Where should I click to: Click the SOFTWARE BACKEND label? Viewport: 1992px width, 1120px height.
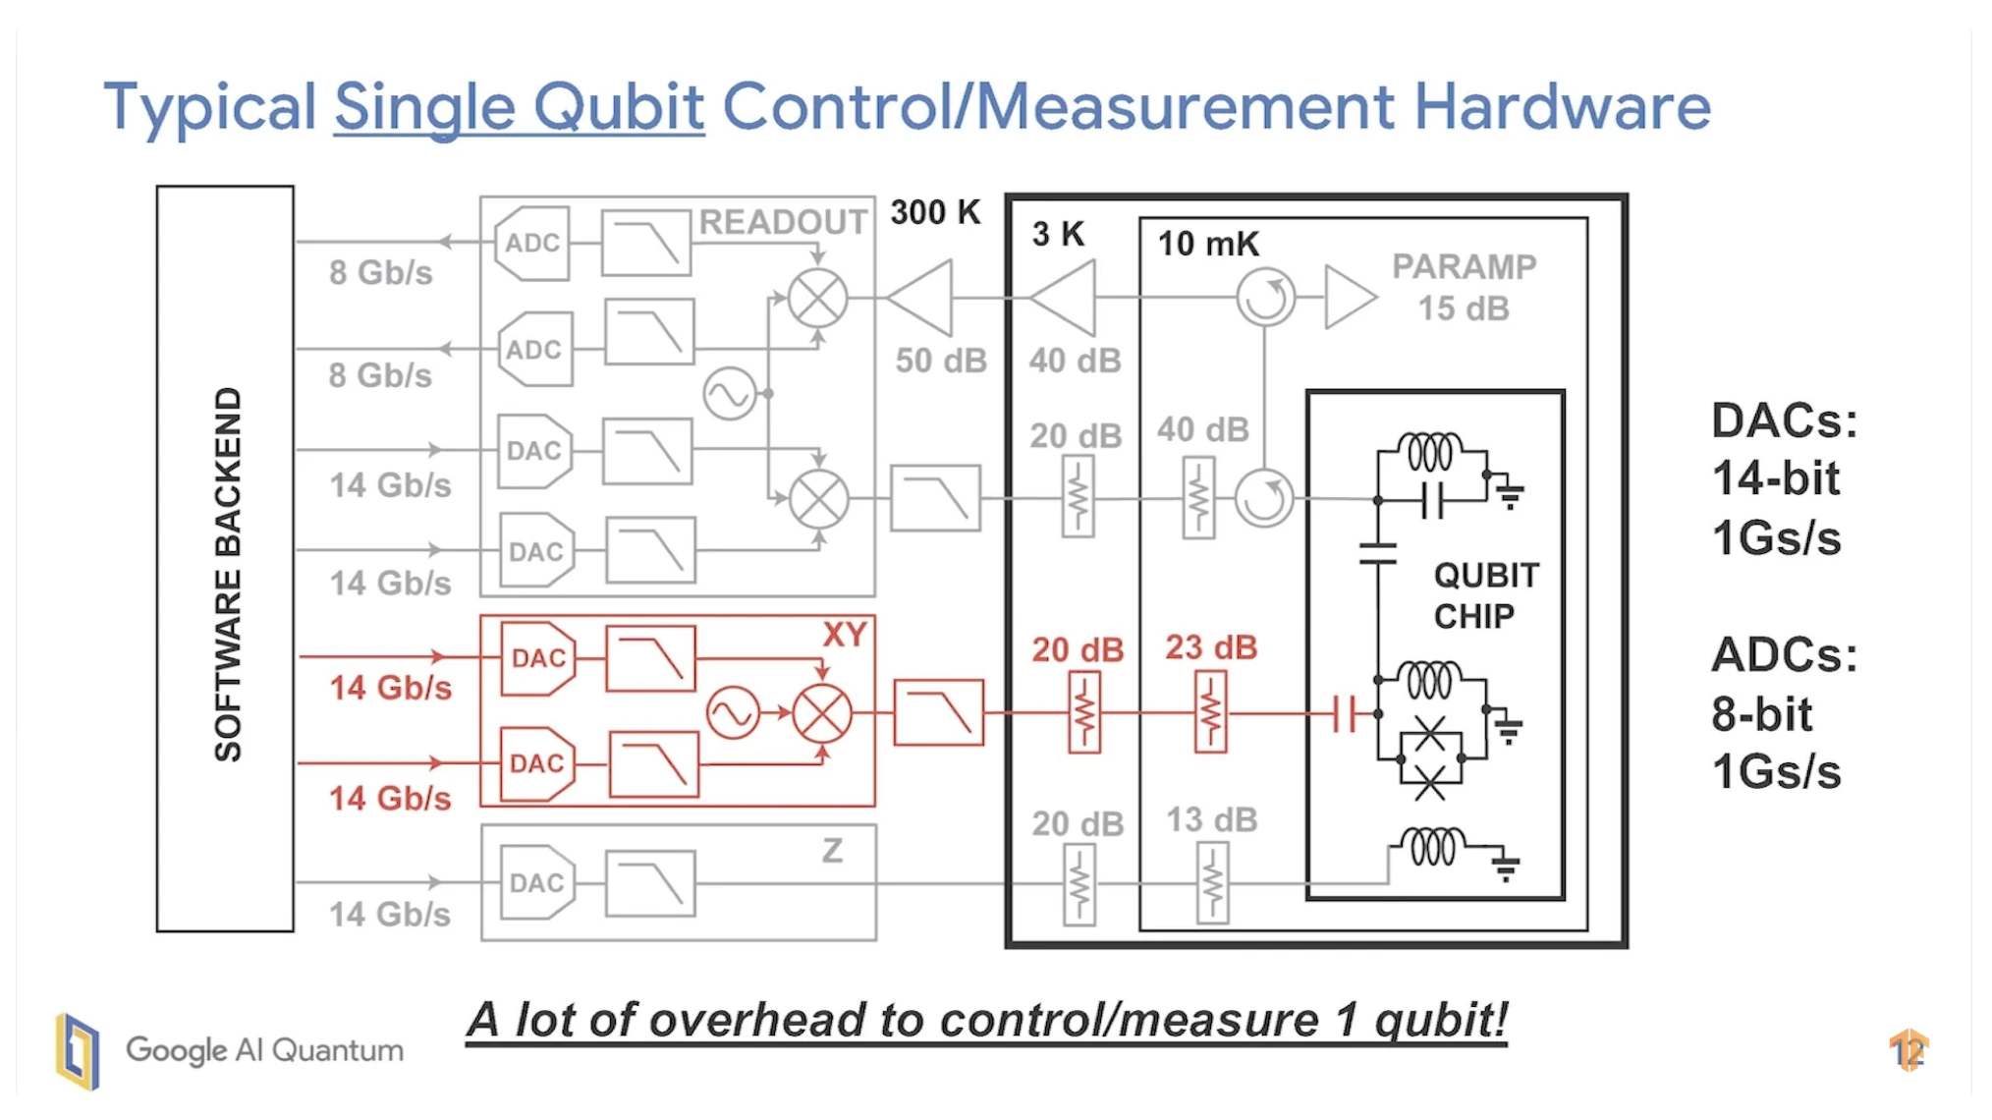tap(228, 574)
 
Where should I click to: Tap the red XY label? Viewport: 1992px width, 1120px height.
tap(844, 635)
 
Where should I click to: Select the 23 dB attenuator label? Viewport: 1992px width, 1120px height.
tap(1211, 647)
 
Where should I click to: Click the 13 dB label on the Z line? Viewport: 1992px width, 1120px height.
tap(1211, 820)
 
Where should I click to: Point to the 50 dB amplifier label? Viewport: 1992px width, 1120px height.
tap(940, 361)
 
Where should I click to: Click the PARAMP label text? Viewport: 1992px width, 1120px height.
tap(1464, 267)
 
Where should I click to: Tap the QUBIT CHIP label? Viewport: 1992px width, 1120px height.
tap(1485, 595)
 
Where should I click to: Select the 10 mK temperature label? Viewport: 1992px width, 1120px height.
tap(1207, 244)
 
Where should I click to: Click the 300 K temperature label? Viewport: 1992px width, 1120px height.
tap(935, 212)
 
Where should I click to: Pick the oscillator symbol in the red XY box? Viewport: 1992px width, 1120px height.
tap(733, 712)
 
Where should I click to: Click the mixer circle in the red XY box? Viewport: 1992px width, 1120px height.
tap(822, 713)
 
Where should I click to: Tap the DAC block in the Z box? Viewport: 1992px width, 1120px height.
tap(536, 883)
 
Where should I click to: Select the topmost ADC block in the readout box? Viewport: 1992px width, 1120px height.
tap(532, 243)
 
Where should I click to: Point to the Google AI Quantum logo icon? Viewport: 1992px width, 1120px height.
tap(79, 1051)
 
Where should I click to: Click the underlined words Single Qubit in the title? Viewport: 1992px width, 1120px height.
tap(519, 107)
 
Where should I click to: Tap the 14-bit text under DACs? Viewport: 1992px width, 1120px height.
tap(1775, 479)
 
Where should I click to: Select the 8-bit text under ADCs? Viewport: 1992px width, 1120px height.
tap(1761, 714)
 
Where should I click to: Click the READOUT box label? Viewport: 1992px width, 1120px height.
tap(783, 222)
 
